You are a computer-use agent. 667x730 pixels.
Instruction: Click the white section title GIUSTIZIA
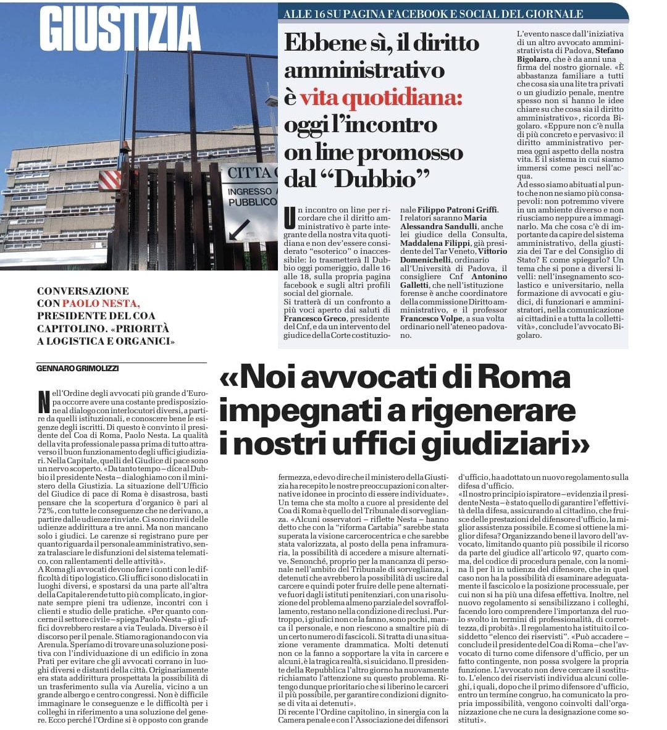119,29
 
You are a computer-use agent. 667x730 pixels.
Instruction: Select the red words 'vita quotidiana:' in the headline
380,98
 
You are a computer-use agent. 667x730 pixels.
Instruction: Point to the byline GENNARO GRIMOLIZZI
77,368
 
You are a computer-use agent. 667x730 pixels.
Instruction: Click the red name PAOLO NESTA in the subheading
101,303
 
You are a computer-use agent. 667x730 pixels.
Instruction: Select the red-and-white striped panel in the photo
110,180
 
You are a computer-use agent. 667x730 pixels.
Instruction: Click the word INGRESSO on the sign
250,191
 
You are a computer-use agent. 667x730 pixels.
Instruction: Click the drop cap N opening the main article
43,401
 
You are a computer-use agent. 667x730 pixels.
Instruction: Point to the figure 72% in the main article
46,511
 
